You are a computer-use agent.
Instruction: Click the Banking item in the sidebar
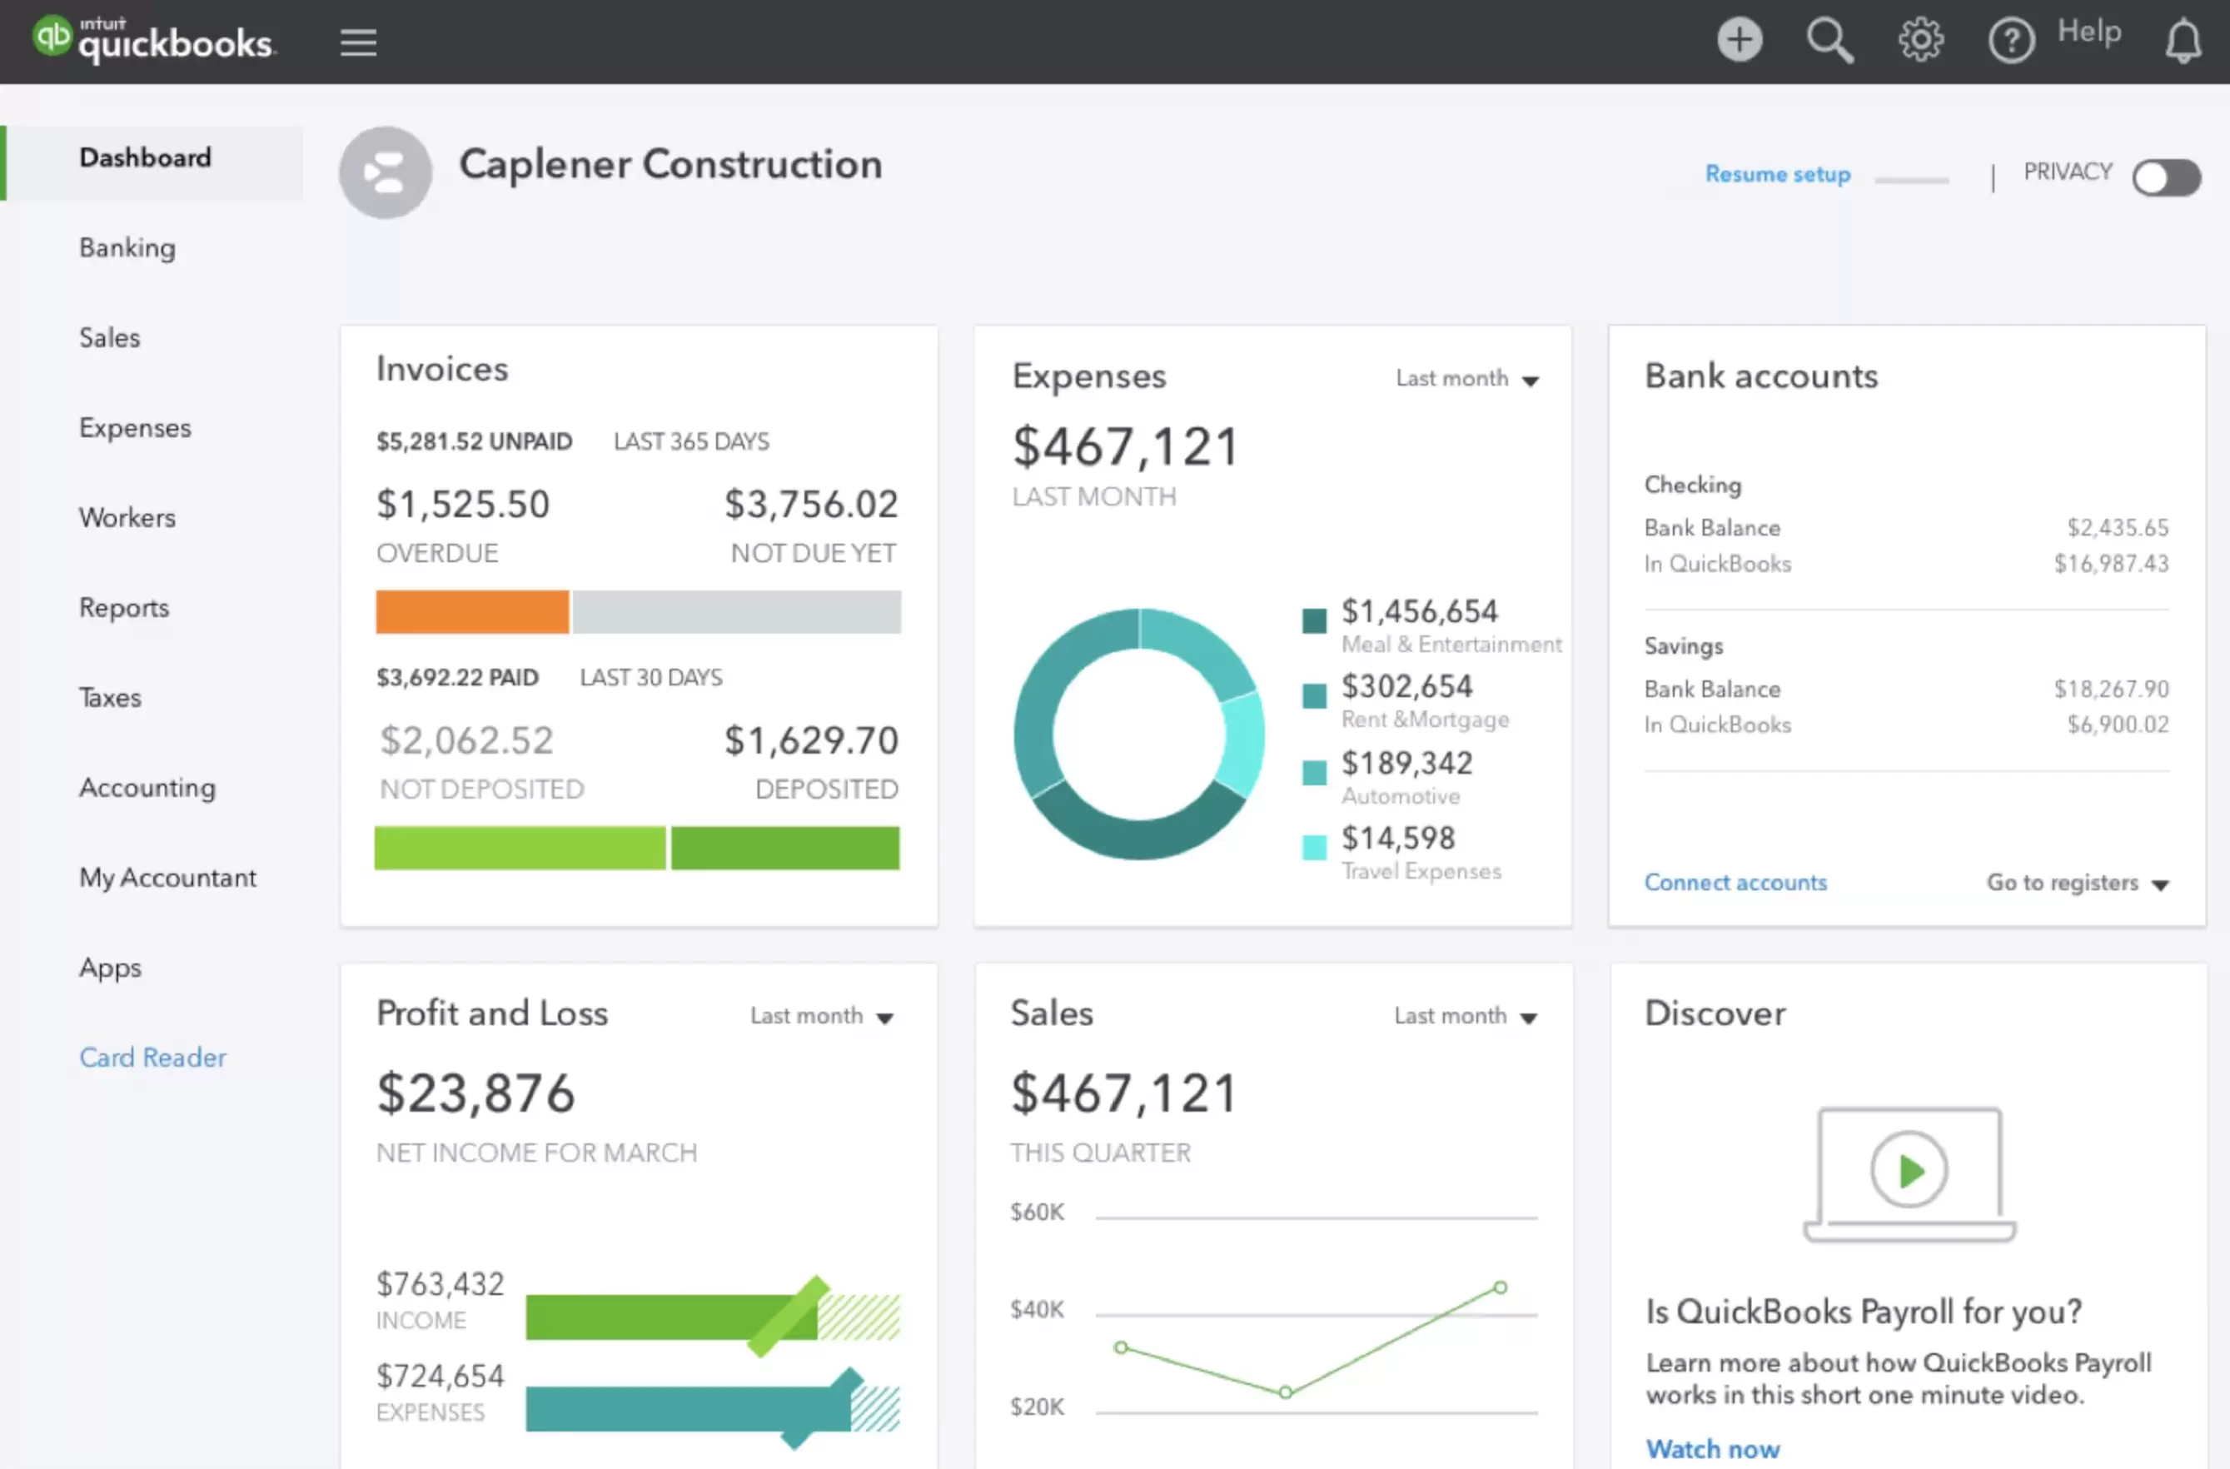coord(127,247)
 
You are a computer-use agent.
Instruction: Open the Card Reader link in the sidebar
coord(152,1057)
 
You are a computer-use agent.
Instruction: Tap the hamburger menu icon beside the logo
coord(358,42)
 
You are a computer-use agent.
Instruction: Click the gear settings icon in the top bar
coord(1920,40)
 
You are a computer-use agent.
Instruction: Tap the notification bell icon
coord(2183,42)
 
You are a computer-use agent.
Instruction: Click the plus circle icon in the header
coord(1739,40)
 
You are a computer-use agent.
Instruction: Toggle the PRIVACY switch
coord(2165,177)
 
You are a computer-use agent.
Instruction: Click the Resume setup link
coord(1778,174)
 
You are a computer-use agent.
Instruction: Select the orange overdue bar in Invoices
coord(472,612)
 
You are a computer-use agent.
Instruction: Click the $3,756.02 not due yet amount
coord(811,504)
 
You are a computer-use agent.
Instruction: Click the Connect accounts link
coord(1735,883)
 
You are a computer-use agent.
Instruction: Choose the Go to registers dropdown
coord(2076,883)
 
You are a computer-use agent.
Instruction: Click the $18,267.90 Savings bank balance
coord(2111,690)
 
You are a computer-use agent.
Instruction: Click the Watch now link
coord(1712,1448)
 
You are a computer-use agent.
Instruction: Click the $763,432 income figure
coord(441,1283)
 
